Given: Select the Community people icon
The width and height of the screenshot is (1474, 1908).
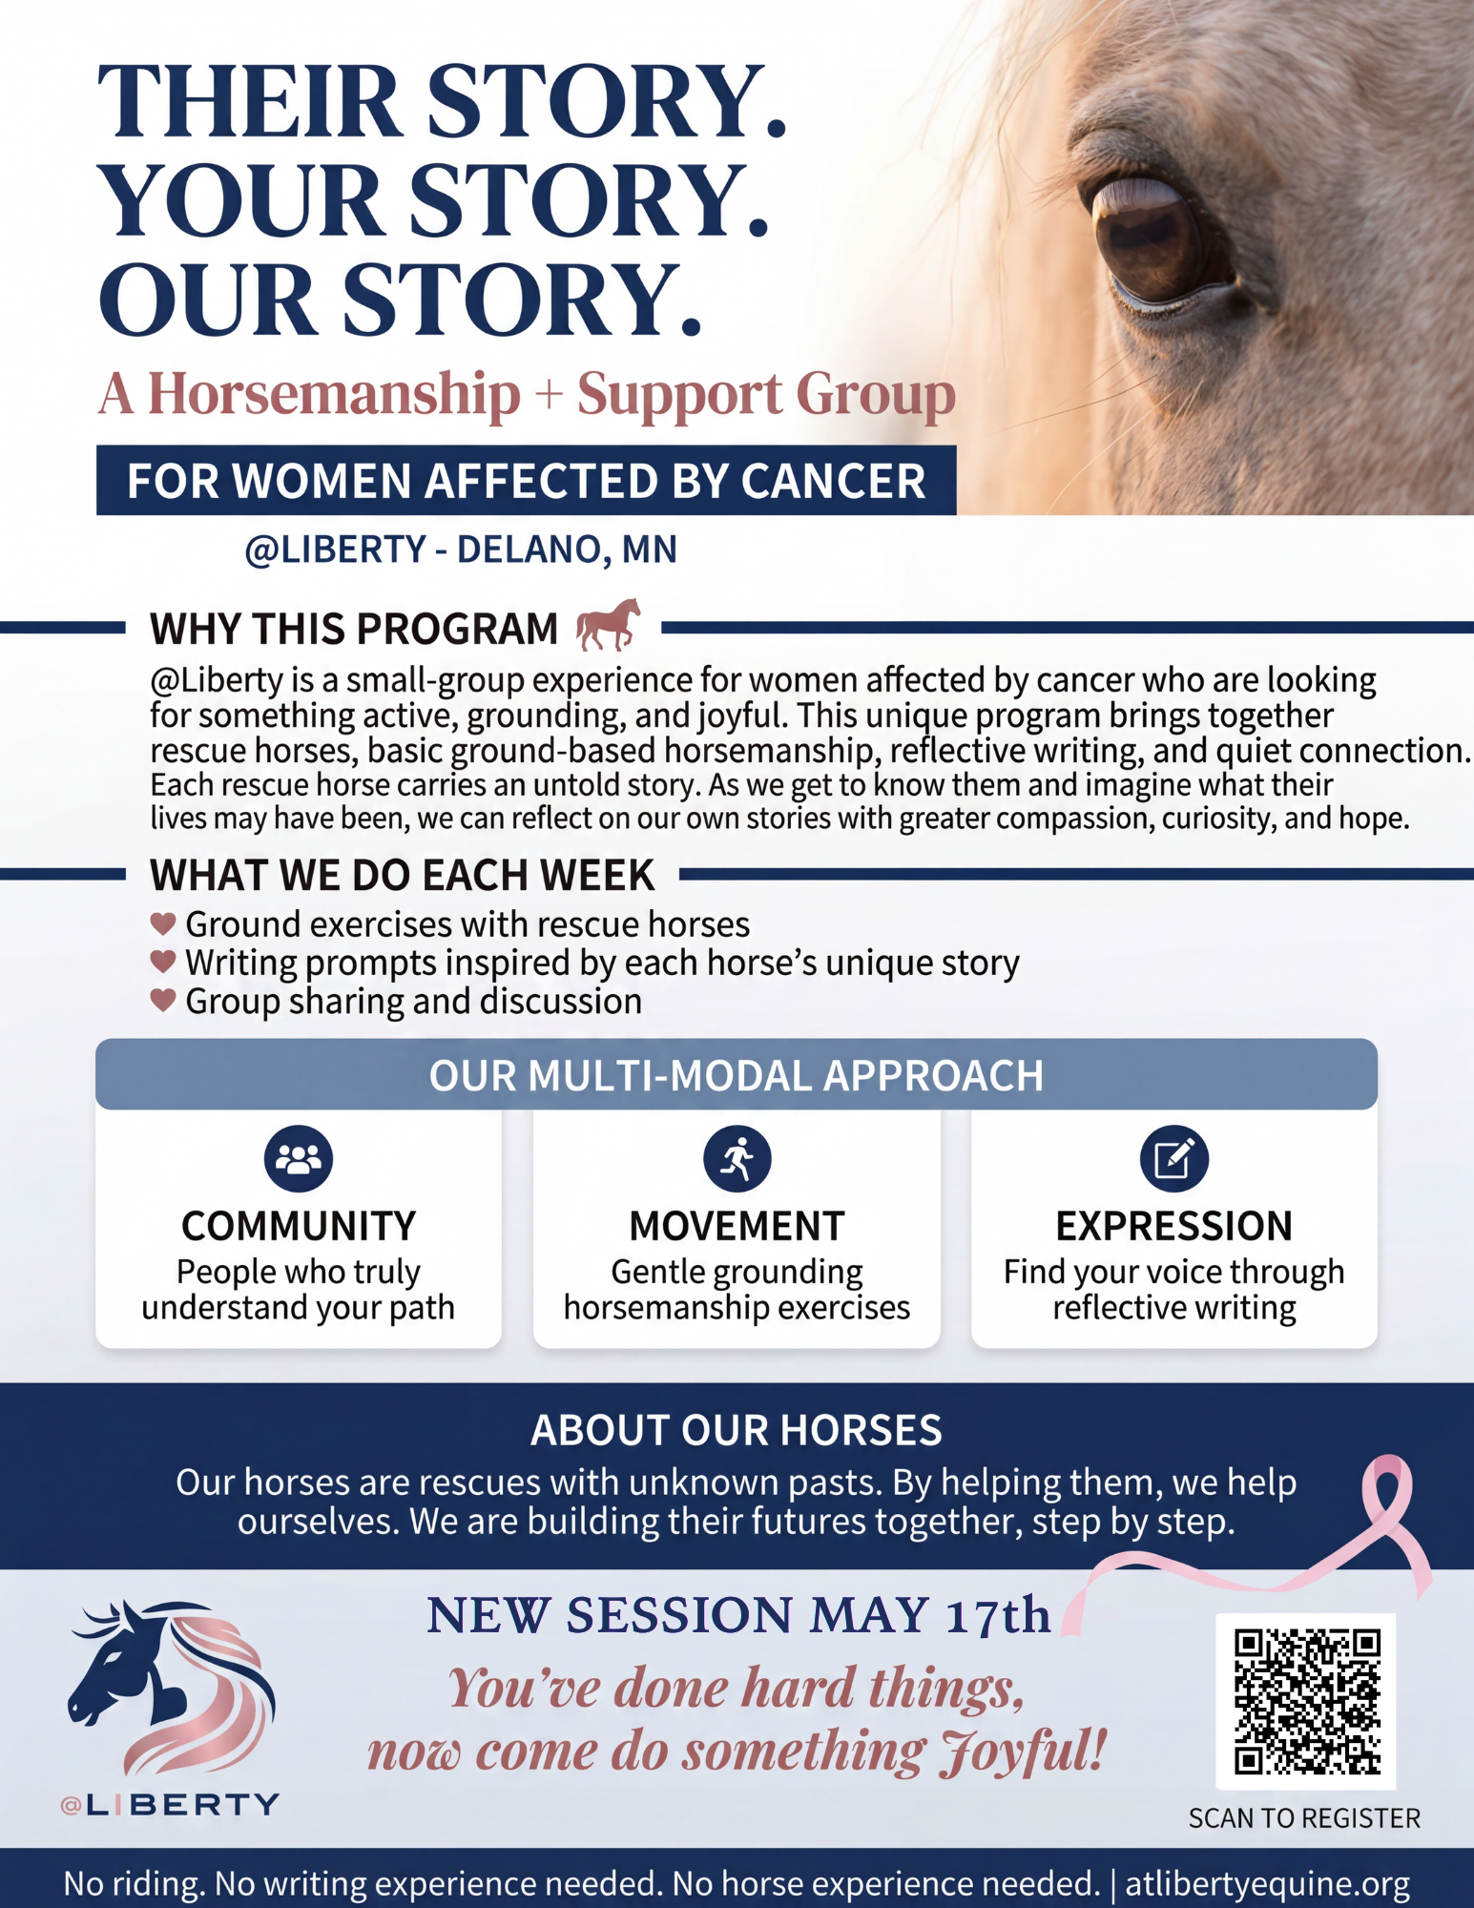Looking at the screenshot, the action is click(299, 1158).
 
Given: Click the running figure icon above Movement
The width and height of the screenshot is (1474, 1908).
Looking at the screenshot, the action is click(737, 1158).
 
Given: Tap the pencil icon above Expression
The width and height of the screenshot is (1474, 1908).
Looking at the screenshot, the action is click(1174, 1158).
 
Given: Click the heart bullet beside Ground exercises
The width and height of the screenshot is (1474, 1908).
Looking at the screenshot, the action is click(163, 923).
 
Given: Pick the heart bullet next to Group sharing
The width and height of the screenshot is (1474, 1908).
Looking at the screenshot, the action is click(163, 1000).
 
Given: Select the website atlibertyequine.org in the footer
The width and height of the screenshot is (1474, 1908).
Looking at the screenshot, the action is click(1268, 1883).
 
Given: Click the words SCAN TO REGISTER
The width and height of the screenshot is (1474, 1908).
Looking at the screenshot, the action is click(1304, 1818).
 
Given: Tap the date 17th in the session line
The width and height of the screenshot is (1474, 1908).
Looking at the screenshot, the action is click(998, 1615).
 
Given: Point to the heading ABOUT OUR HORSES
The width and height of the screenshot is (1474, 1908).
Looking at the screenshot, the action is click(737, 1430).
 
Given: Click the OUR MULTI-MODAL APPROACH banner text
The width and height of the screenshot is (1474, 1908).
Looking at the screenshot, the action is click(737, 1075).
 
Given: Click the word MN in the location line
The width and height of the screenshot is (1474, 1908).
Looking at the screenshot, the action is click(650, 550).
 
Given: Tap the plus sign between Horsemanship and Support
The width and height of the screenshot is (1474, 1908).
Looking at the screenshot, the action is click(549, 394).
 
